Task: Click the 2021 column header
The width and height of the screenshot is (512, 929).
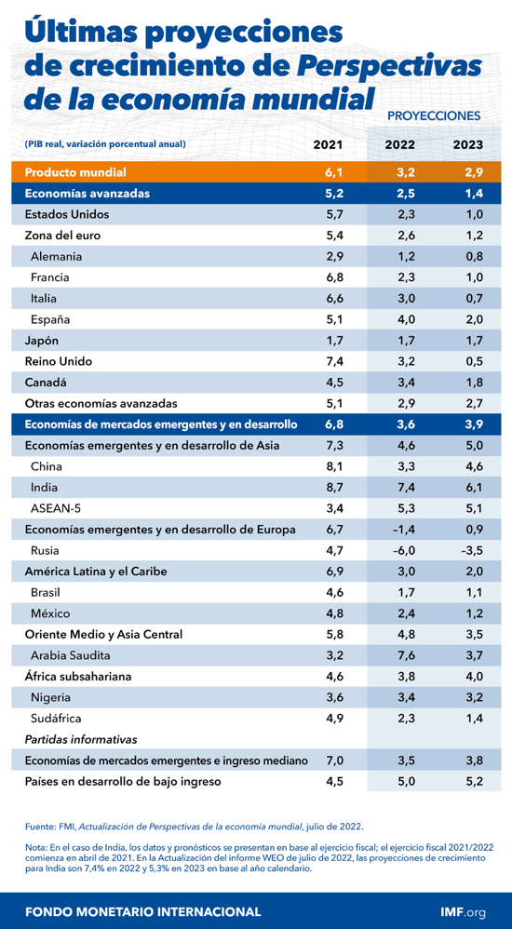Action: tap(328, 144)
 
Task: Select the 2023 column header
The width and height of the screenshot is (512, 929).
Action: tap(467, 144)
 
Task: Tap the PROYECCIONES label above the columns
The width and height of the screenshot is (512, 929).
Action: tap(433, 116)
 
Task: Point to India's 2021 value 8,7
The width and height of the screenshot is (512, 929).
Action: tap(334, 488)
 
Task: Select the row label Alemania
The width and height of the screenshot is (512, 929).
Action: tap(56, 256)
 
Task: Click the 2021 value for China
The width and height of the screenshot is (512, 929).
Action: tap(334, 466)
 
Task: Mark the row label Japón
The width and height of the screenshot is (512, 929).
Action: tap(42, 340)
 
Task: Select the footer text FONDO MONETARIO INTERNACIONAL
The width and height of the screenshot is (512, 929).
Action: tap(142, 909)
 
